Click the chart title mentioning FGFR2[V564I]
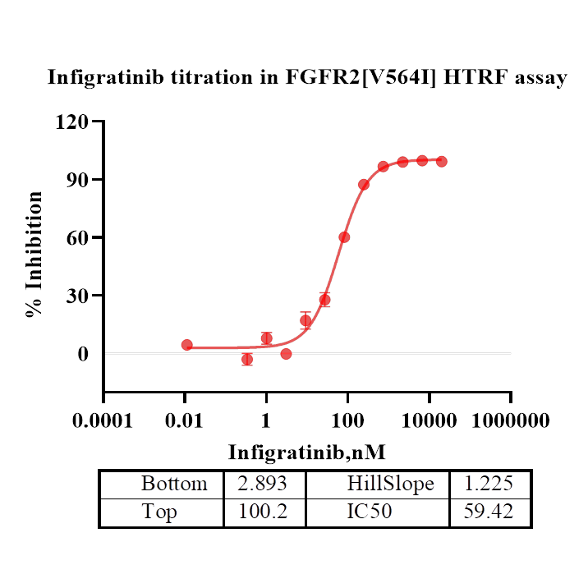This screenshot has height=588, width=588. (306, 78)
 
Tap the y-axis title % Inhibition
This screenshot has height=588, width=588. (34, 255)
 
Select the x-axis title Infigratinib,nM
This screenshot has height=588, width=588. (307, 452)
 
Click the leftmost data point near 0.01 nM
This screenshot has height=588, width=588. (187, 345)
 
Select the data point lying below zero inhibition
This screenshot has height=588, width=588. (247, 360)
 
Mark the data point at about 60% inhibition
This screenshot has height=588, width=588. (344, 237)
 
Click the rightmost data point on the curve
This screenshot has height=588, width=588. (442, 161)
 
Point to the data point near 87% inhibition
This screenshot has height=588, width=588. (364, 185)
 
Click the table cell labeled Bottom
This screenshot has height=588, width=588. (173, 484)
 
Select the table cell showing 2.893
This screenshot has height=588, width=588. (263, 484)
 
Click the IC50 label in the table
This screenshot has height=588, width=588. (369, 512)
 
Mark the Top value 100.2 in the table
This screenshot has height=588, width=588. (263, 512)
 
